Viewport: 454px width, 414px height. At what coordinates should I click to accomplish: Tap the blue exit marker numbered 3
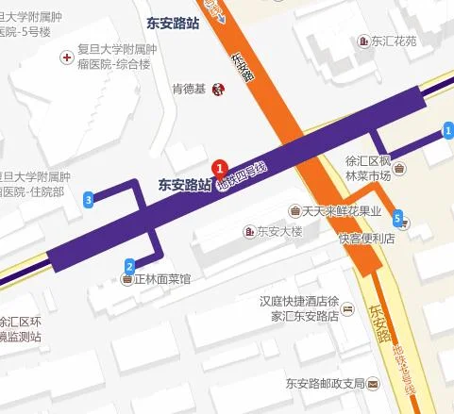pos(89,199)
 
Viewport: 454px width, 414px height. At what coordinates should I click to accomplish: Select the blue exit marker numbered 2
pos(129,265)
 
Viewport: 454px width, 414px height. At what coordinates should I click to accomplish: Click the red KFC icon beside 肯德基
pos(219,90)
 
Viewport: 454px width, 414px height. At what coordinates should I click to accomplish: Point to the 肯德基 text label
pos(192,90)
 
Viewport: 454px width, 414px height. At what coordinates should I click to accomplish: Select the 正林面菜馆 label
pos(164,280)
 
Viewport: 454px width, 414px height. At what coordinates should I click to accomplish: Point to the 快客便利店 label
pos(362,239)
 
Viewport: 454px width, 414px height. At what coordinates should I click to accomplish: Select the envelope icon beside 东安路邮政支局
pos(374,384)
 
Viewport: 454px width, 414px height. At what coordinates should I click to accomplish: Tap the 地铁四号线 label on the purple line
pos(243,175)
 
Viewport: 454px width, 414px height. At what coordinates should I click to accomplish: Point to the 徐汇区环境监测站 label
pos(23,327)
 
